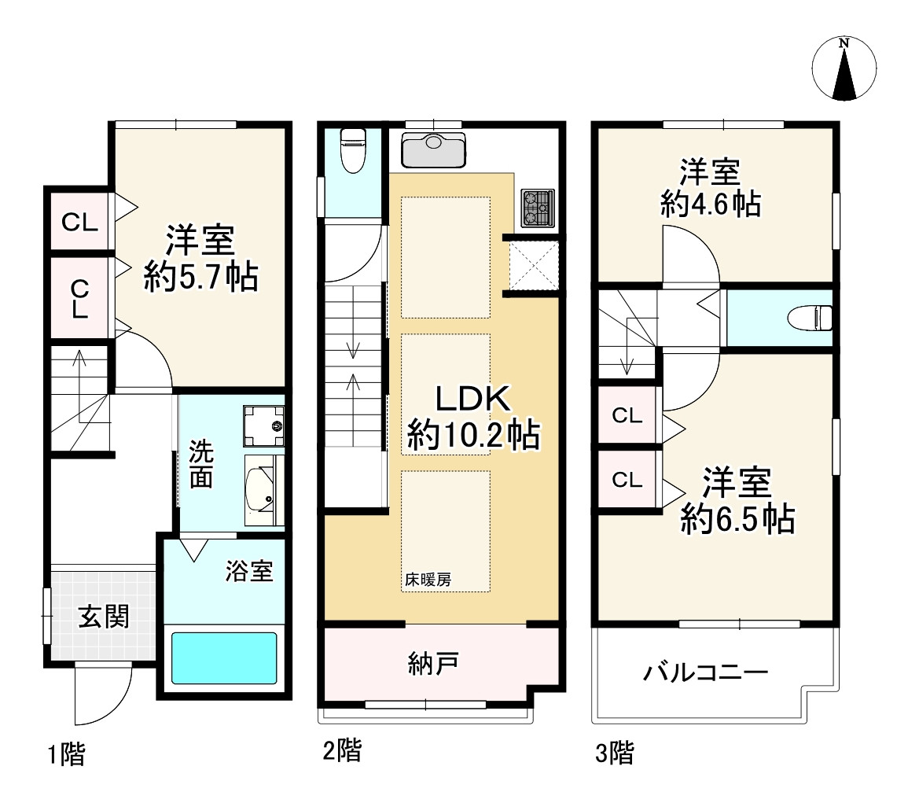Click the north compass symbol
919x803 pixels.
click(844, 68)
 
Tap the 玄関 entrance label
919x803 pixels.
click(104, 617)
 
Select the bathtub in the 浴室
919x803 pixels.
click(224, 658)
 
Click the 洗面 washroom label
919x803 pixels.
click(201, 464)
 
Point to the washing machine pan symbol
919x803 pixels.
click(263, 425)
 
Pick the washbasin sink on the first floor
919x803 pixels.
click(264, 490)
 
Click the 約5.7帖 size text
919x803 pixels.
click(201, 277)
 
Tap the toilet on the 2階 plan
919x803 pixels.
click(353, 150)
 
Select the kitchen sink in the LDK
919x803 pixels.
click(434, 149)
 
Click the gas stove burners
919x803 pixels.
click(538, 208)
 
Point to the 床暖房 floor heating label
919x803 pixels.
click(428, 580)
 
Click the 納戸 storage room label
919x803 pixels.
click(433, 664)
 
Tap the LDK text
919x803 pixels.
click(473, 399)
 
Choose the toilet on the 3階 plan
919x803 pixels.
click(810, 317)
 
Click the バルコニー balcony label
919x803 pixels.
click(706, 672)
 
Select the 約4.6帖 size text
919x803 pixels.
click(711, 204)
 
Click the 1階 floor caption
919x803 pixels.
click(66, 753)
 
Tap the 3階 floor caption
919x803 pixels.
click(615, 753)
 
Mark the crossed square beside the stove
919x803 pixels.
click(534, 265)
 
